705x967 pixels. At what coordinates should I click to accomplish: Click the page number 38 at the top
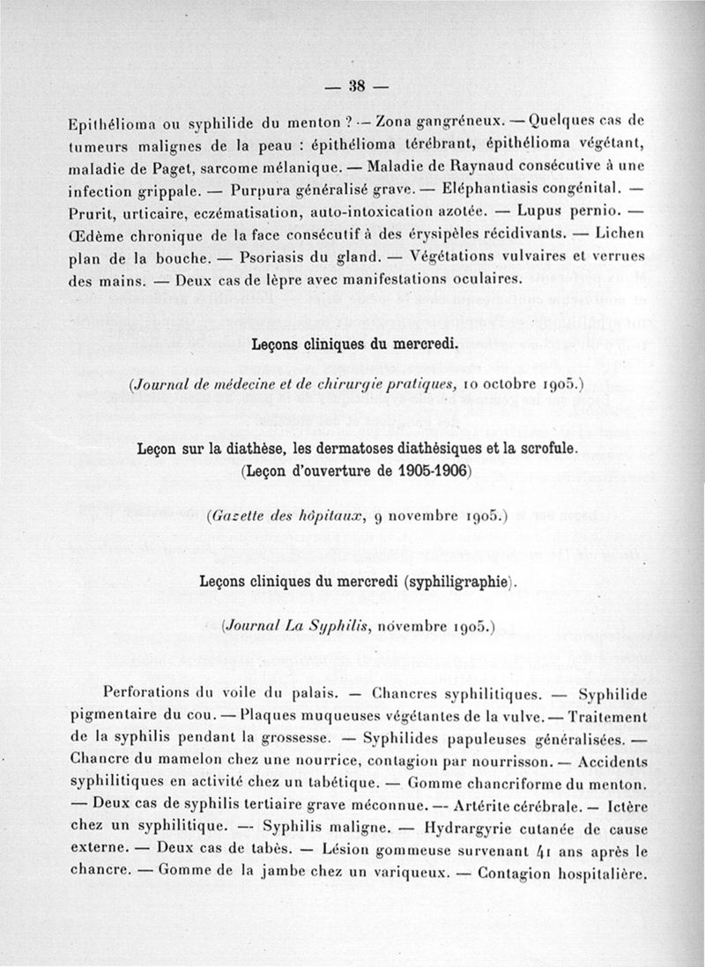pos(357,86)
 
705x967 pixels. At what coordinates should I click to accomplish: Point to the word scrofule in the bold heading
pos(539,450)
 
